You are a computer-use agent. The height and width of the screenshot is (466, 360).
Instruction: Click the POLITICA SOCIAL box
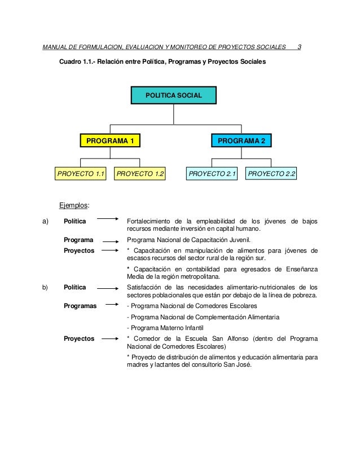point(173,95)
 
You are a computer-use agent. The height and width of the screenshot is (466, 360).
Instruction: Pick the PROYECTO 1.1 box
point(81,174)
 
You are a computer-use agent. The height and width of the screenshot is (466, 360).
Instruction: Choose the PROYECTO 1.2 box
point(141,174)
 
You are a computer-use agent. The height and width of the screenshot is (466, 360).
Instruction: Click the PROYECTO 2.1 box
point(212,174)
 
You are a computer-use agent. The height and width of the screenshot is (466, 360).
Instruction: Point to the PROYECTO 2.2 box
point(271,174)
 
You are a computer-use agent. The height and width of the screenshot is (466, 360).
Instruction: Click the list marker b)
point(45,287)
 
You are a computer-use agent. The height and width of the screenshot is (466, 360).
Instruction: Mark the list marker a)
point(45,220)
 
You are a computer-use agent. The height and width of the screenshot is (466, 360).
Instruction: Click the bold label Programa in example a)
point(78,240)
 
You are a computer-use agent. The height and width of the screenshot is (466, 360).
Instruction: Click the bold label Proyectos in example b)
point(79,338)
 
